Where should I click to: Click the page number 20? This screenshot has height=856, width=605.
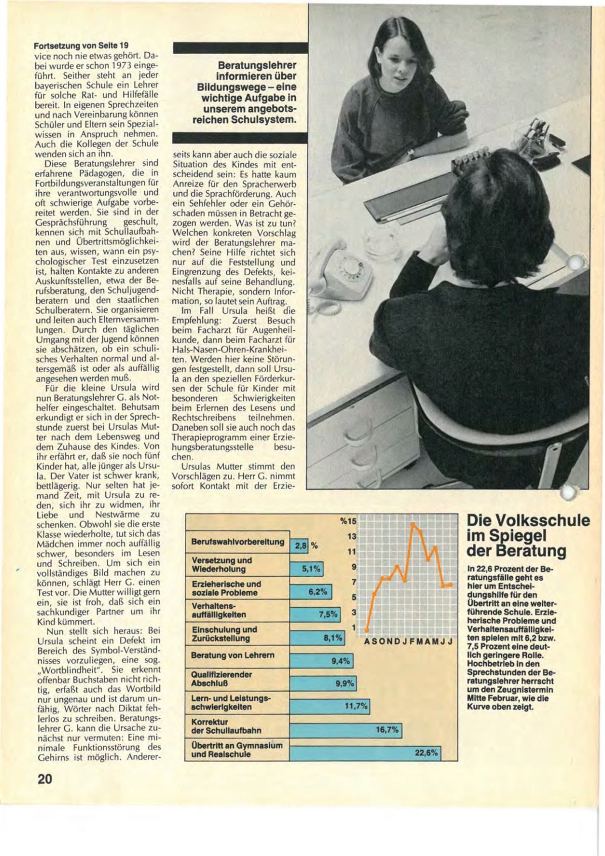tap(46, 779)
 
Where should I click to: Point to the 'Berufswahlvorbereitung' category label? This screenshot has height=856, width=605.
tap(238, 542)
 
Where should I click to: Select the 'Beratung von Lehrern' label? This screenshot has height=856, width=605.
tap(233, 655)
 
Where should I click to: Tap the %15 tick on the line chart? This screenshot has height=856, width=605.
tap(349, 521)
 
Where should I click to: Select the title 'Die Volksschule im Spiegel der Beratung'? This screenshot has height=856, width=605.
tap(527, 536)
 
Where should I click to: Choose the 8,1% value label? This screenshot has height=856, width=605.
tap(333, 638)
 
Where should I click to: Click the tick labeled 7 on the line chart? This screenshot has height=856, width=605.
tap(354, 582)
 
